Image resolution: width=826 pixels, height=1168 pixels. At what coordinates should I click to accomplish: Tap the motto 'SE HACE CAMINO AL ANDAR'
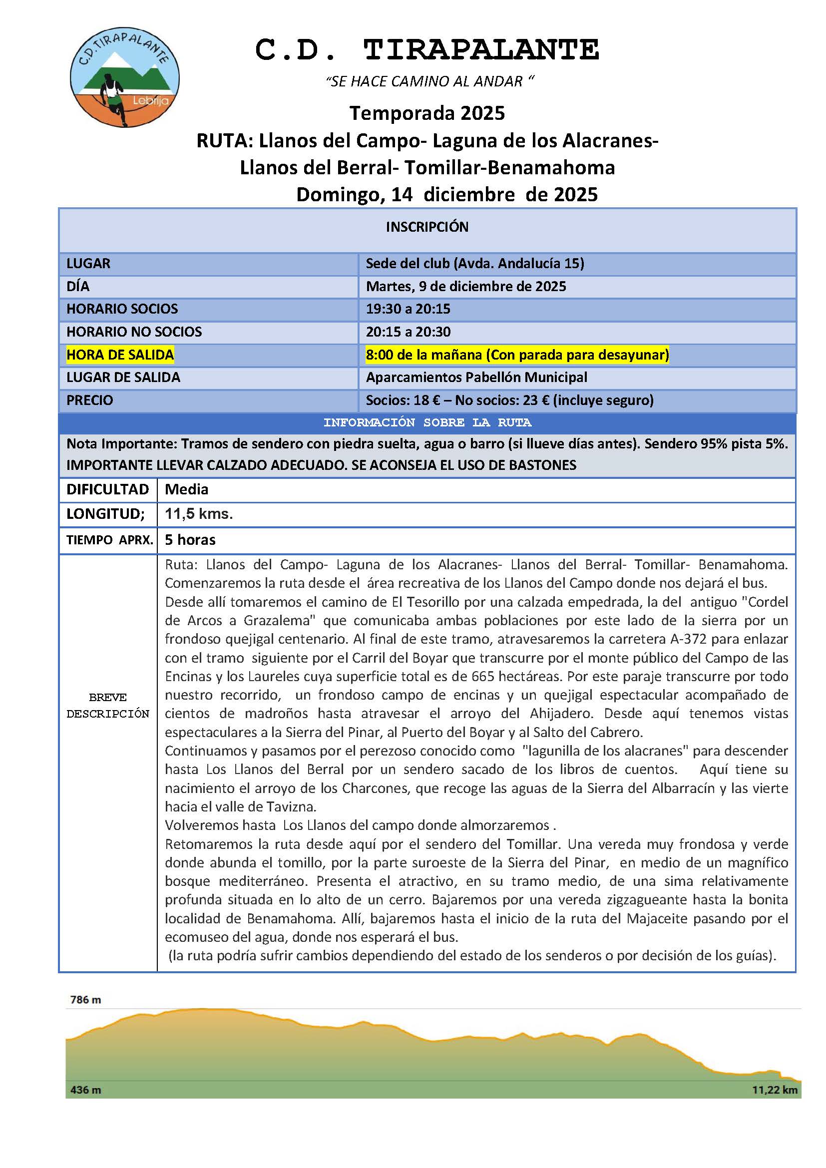tap(430, 81)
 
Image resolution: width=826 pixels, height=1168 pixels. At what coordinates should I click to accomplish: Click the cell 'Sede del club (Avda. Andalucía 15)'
tap(474, 264)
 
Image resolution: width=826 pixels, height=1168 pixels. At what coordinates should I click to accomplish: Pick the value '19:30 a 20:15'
tap(408, 309)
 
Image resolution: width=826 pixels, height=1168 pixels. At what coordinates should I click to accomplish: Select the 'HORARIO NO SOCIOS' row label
tap(134, 332)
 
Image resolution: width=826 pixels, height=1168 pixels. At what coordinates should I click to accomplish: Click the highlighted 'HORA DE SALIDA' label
tap(120, 355)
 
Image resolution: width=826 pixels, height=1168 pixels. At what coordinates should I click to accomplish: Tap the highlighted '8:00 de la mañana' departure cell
tap(517, 355)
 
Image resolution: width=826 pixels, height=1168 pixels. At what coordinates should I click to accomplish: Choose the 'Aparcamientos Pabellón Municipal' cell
tap(476, 377)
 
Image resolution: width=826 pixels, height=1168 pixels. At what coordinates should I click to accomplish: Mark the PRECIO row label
tap(90, 400)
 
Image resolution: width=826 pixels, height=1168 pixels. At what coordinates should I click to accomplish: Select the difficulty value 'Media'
tap(187, 489)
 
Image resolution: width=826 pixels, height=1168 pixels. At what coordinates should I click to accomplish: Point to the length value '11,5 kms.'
tap(199, 514)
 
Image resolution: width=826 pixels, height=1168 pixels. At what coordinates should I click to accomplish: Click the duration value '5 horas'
tap(190, 540)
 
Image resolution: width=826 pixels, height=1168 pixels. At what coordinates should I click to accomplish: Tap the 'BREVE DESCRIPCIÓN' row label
tap(108, 706)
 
